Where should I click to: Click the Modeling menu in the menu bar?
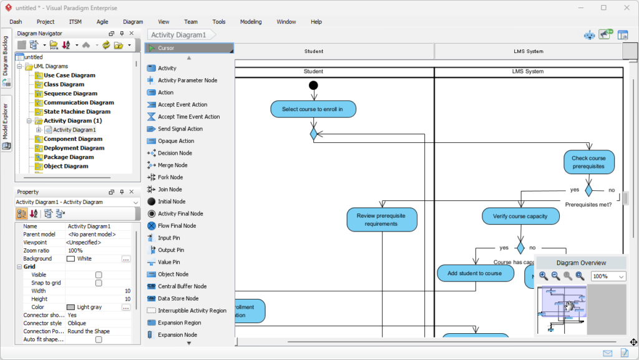(x=251, y=22)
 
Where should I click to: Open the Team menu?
(x=191, y=22)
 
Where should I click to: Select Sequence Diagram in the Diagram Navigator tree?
(x=70, y=94)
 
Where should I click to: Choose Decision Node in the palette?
(x=175, y=153)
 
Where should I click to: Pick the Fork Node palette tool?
(x=170, y=177)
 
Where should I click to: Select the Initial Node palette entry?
(x=172, y=202)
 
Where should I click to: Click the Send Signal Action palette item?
(x=180, y=129)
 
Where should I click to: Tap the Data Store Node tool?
(x=178, y=298)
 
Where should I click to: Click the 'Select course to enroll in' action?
(x=313, y=109)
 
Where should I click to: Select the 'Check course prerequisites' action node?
(x=588, y=162)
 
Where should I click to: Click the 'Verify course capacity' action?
(x=520, y=216)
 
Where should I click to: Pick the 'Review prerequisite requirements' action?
(x=381, y=220)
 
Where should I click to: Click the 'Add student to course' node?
(x=474, y=273)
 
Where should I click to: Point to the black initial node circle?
(x=313, y=85)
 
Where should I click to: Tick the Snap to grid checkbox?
(x=99, y=283)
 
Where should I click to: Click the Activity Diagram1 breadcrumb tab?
(x=178, y=35)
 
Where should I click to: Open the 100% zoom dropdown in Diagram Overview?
(x=608, y=276)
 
